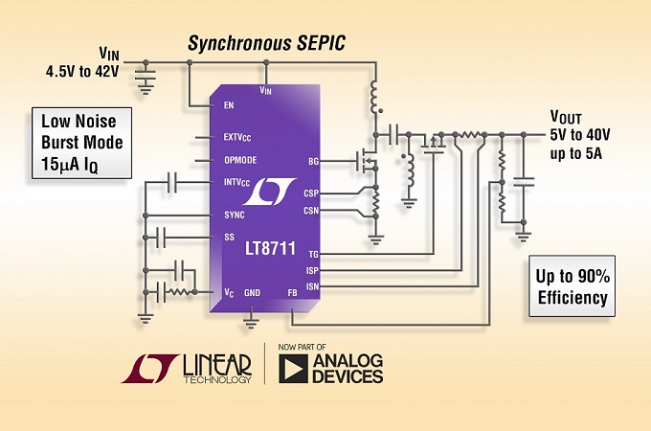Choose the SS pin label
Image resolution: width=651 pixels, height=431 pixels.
(229, 237)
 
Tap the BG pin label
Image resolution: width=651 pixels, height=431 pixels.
(313, 161)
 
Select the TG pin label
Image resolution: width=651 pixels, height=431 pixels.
(313, 254)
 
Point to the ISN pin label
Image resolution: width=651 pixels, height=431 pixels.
(312, 284)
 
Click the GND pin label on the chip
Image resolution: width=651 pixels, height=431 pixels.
(252, 292)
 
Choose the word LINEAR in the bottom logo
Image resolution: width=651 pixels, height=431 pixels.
(214, 364)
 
